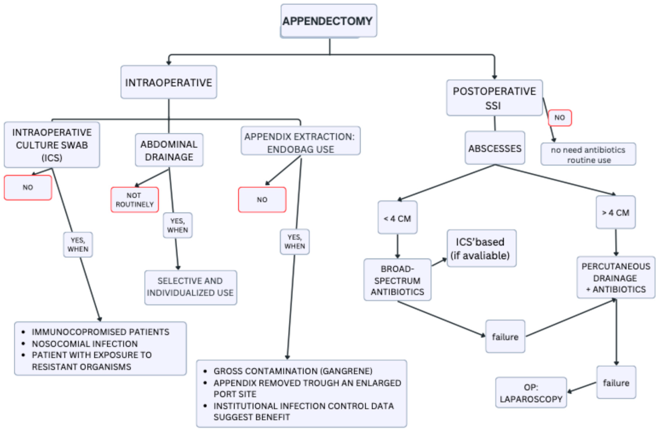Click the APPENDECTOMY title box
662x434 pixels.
[x=329, y=21]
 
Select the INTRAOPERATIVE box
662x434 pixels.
[x=169, y=82]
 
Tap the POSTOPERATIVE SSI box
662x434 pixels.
[x=494, y=98]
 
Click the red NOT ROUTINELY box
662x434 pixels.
[x=135, y=200]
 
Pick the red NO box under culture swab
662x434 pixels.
[x=28, y=187]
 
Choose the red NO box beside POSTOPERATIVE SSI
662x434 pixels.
[x=560, y=118]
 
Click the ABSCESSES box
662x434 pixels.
[x=495, y=148]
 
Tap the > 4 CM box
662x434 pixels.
[x=616, y=212]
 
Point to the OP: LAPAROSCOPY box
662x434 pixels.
[x=531, y=393]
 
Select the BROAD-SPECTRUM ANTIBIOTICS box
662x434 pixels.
[x=397, y=280]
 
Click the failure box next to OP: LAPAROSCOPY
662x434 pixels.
[x=616, y=383]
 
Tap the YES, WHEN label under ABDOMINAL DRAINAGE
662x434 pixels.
[x=177, y=225]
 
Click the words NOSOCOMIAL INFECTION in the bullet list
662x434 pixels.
[x=85, y=344]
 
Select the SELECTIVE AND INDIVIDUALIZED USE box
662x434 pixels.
[x=191, y=287]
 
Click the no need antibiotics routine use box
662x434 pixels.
[x=588, y=154]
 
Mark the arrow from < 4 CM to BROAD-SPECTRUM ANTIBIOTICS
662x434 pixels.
[x=398, y=246]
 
